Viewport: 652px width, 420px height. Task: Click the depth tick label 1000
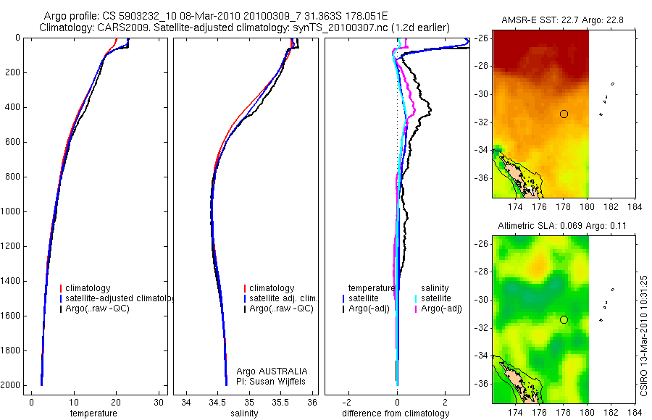[x=11, y=211]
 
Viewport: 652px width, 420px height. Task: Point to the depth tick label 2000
[x=11, y=385]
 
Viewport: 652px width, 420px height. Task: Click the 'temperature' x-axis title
[x=93, y=413]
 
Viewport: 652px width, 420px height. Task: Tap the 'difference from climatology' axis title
[x=396, y=413]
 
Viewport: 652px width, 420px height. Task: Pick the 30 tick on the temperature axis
[x=159, y=402]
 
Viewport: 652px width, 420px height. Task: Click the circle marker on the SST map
[x=564, y=114]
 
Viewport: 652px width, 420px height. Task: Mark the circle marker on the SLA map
[x=564, y=319]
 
